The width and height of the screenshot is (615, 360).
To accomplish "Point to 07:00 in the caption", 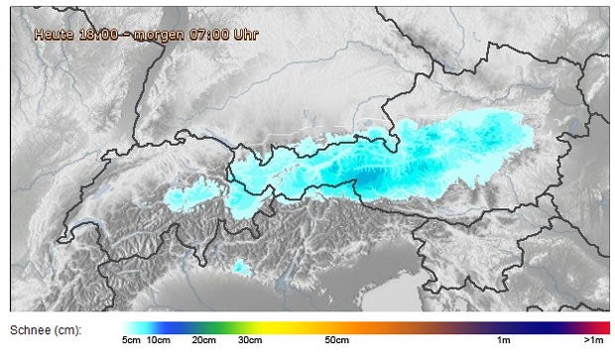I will (x=203, y=34).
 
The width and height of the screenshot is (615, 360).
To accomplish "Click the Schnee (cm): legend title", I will (x=46, y=328).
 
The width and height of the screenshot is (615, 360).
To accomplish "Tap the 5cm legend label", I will (x=131, y=341).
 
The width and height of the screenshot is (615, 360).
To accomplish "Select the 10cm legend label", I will (x=158, y=341).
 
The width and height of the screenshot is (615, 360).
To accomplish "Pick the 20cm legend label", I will (x=203, y=341).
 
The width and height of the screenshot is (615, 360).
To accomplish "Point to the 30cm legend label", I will (x=249, y=341).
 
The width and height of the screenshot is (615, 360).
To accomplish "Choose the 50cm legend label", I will (x=336, y=341).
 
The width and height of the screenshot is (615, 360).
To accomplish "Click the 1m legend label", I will (x=504, y=341).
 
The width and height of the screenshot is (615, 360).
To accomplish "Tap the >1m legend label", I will (x=594, y=341).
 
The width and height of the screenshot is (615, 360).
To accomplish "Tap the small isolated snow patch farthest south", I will (x=240, y=266).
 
